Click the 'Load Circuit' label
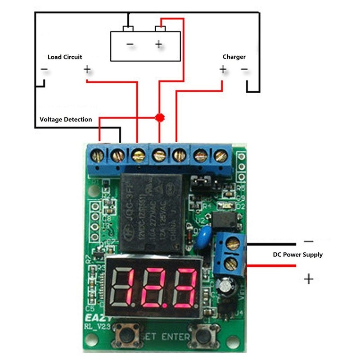tap(65, 57)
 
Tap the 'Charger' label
tap(234, 57)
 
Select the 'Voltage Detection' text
tap(66, 119)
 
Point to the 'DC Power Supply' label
tap(298, 255)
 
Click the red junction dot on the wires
tap(158, 118)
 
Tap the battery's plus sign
tap(158, 44)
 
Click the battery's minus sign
tap(130, 44)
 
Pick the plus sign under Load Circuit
tap(87, 70)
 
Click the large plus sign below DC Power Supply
tap(309, 279)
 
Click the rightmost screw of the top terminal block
tap(220, 156)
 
